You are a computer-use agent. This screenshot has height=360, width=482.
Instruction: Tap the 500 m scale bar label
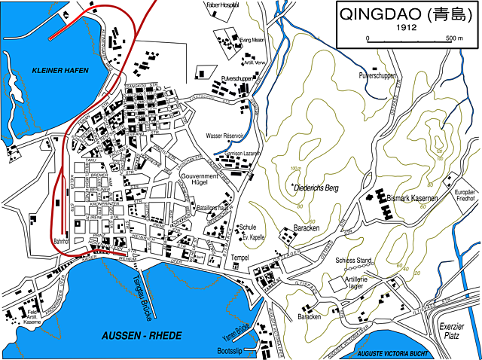coord(453,38)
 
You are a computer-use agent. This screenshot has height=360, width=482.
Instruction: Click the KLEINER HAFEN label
coord(60,70)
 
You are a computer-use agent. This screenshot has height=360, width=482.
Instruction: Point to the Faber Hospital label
coord(221,5)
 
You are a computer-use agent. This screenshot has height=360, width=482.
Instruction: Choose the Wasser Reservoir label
coord(225,136)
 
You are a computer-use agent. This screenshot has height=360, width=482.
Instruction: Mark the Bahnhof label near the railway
coord(61,243)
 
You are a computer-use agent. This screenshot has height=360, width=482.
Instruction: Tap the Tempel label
coord(240,257)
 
